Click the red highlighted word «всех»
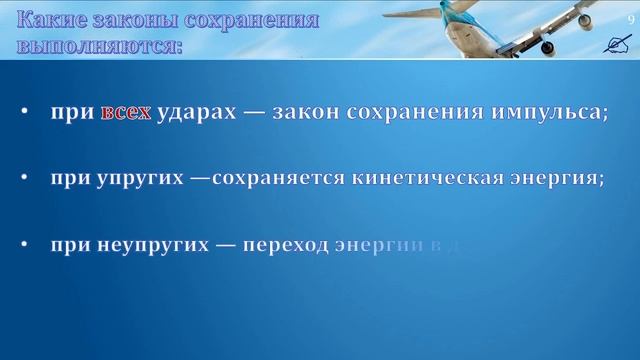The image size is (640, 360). pyautogui.click(x=125, y=113)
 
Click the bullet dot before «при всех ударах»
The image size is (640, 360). pyautogui.click(x=23, y=113)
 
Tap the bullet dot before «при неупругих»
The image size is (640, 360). pyautogui.click(x=23, y=243)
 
